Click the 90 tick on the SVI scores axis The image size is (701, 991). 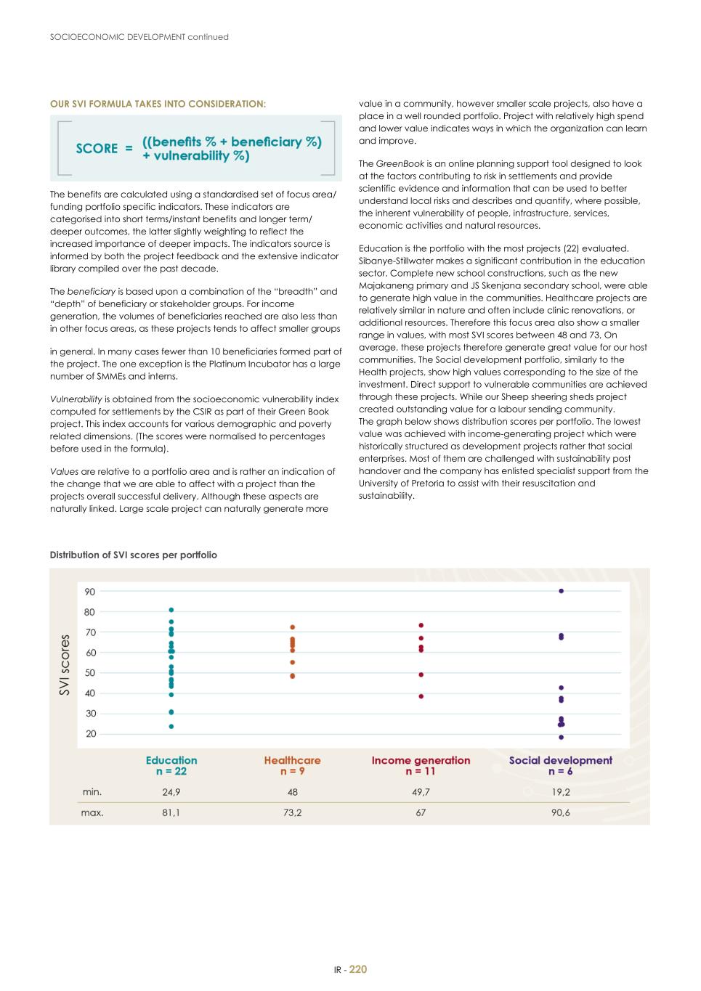tap(90, 592)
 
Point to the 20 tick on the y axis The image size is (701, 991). tap(90, 734)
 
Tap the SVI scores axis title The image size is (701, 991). tap(65, 665)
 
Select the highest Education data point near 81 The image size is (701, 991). tap(171, 610)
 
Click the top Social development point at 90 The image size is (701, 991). tap(562, 591)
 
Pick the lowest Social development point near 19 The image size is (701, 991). tap(562, 737)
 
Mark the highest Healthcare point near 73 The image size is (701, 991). tap(293, 627)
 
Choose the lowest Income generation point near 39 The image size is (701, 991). tap(421, 696)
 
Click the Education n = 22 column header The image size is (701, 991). tap(171, 766)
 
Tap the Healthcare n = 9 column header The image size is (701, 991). tap(293, 766)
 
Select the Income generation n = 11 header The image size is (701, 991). tap(421, 766)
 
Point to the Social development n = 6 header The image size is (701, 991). tap(561, 766)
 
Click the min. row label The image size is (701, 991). tap(92, 792)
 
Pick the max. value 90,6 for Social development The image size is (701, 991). tap(561, 813)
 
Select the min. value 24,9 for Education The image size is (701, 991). tap(171, 792)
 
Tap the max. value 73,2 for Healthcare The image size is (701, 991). tap(293, 813)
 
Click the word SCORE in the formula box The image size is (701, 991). tap(97, 148)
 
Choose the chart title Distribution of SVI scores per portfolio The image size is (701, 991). tap(133, 555)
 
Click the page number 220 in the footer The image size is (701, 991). tap(358, 969)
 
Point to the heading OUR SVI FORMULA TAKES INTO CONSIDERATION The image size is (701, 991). tap(158, 104)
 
